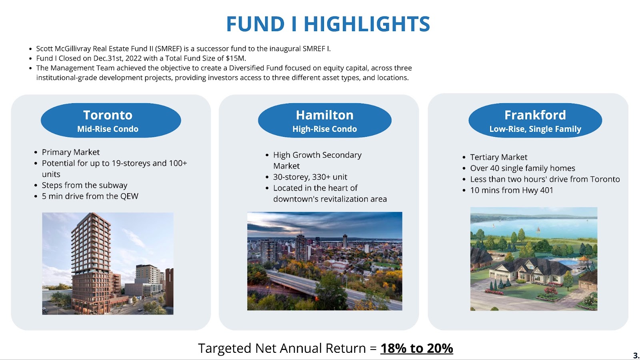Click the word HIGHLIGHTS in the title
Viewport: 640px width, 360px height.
point(366,24)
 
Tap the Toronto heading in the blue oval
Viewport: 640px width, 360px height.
point(108,115)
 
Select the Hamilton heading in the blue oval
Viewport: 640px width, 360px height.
point(324,115)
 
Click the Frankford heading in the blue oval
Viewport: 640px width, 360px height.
point(535,115)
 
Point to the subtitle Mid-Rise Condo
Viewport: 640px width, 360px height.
point(108,129)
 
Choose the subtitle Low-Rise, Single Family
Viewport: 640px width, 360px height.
point(535,129)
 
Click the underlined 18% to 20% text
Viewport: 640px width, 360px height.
point(416,348)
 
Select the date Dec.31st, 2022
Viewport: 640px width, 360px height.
point(117,58)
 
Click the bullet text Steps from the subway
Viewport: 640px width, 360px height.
point(84,185)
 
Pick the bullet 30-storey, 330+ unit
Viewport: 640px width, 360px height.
point(310,177)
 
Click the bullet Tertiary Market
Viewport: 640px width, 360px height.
point(498,157)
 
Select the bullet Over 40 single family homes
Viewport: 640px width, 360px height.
point(522,168)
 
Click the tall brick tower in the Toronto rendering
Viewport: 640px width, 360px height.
point(91,262)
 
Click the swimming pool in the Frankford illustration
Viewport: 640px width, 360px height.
point(568,262)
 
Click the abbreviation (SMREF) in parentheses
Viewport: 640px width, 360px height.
point(168,49)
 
